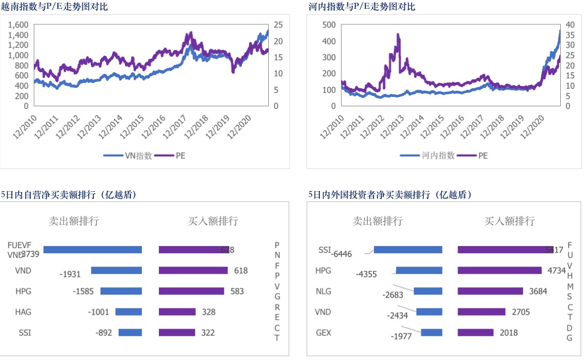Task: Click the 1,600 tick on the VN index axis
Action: [19, 25]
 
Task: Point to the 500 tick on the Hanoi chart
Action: [328, 25]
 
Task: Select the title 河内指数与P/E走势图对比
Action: [361, 7]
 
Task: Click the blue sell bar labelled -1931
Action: [116, 270]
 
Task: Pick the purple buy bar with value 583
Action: [191, 291]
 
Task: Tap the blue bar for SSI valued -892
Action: [130, 332]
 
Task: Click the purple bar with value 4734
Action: [499, 270]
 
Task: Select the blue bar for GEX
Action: [431, 332]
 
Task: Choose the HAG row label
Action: [23, 312]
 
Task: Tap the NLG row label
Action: [323, 291]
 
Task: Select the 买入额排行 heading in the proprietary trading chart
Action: [213, 221]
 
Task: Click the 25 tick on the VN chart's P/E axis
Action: [278, 25]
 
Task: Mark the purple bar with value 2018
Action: [475, 332]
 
